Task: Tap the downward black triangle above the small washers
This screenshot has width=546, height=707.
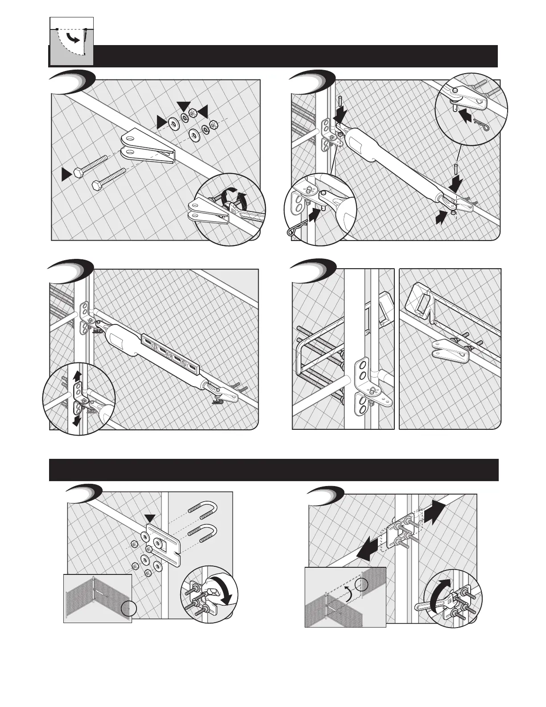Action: (x=183, y=105)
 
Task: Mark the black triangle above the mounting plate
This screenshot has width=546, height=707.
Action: (x=150, y=518)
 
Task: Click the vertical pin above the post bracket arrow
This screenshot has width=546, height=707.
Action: (x=339, y=103)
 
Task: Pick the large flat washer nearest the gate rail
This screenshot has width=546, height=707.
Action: (x=174, y=122)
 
